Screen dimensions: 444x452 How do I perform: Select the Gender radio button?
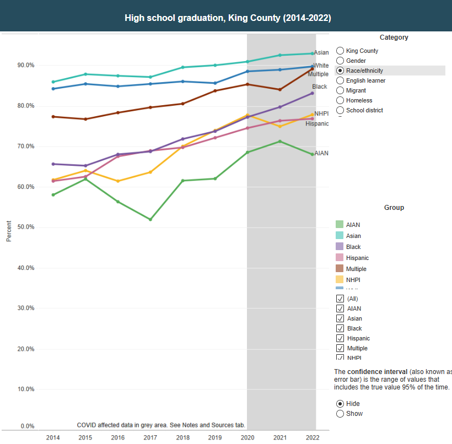340,61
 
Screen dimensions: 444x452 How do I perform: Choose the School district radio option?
340,110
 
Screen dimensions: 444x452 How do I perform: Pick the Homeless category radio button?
340,100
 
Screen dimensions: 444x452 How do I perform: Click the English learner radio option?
340,80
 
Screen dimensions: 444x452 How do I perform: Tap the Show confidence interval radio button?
340,414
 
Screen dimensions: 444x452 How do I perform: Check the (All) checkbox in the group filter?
340,299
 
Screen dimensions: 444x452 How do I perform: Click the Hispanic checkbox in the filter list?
340,338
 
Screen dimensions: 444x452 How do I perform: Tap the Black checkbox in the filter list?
340,328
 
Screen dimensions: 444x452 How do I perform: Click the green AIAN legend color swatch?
340,225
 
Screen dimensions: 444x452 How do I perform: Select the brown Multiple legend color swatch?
340,269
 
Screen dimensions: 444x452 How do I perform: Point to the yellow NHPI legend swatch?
340,280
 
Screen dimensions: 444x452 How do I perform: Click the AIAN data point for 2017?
150,219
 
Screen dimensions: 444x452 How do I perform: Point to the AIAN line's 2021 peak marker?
280,142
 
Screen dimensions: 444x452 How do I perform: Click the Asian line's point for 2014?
53,82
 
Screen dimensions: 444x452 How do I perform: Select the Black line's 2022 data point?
312,93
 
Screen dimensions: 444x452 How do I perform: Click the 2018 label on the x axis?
182,437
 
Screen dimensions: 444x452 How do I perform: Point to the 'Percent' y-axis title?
8,231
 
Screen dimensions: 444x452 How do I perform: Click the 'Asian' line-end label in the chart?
321,53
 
